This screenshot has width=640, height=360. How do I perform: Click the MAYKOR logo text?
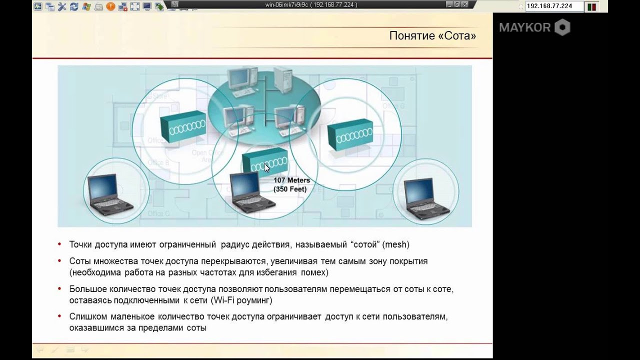pyautogui.click(x=524, y=27)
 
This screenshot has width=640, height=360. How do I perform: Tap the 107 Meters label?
pyautogui.click(x=291, y=180)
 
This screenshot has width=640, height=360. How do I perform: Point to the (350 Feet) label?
pyautogui.click(x=290, y=189)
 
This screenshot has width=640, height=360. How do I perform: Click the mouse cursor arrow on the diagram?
pyautogui.click(x=267, y=168)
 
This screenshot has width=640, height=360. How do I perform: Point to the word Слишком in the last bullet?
pyautogui.click(x=87, y=317)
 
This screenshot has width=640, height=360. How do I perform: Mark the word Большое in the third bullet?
pyautogui.click(x=88, y=289)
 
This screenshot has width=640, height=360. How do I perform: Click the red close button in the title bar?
pyautogui.click(x=465, y=4)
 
